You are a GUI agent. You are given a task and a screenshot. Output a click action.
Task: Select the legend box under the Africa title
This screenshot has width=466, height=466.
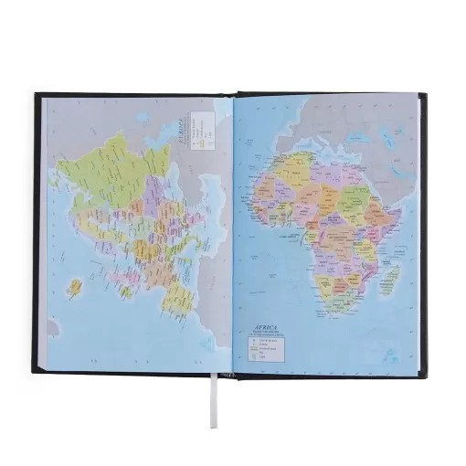tap(269, 348)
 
